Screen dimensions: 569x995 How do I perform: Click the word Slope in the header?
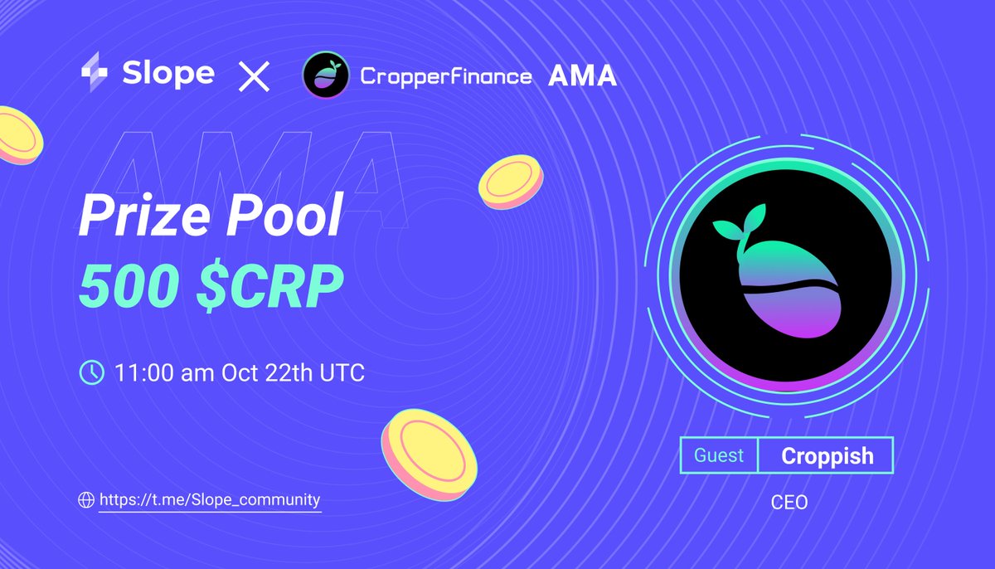(x=168, y=74)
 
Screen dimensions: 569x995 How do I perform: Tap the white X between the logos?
(x=254, y=78)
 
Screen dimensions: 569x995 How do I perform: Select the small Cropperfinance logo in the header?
(x=326, y=76)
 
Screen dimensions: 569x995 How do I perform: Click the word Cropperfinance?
(x=445, y=77)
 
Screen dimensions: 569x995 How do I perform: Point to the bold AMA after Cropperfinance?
(x=582, y=76)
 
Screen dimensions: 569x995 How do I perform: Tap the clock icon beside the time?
(x=90, y=372)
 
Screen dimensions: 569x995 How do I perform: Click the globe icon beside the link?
(x=85, y=500)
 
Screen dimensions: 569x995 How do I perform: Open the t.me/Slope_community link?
(x=209, y=500)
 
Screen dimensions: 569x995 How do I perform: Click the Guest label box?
(x=719, y=455)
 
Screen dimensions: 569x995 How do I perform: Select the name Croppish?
(x=827, y=455)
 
